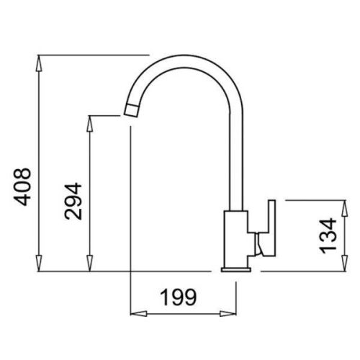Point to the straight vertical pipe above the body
tap(235, 166)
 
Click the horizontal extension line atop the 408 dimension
tap(94, 55)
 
